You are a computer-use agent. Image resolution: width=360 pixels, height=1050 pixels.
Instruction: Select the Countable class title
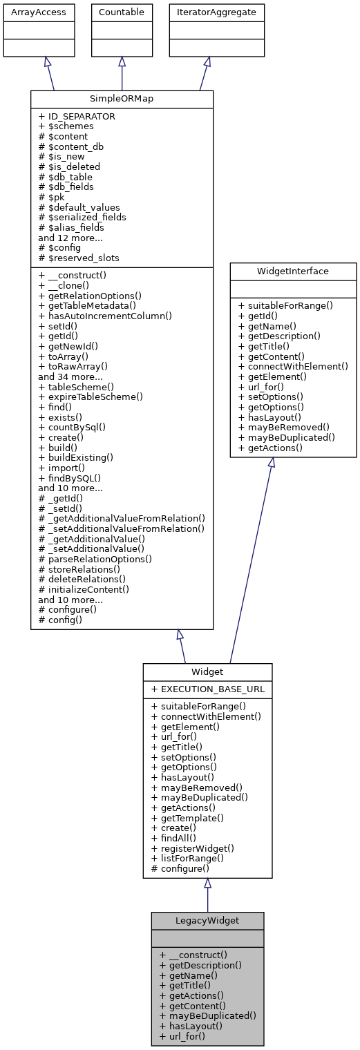tap(122, 12)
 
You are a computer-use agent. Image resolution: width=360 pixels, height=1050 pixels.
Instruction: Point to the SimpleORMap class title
tap(122, 99)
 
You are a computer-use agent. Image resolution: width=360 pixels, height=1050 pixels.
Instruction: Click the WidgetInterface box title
tap(293, 271)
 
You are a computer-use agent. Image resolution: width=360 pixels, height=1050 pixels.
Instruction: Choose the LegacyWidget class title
tap(207, 921)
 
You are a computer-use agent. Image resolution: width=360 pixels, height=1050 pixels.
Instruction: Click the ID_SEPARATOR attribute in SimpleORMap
tap(77, 117)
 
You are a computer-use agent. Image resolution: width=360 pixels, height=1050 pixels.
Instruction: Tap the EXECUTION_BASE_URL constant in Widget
tap(207, 689)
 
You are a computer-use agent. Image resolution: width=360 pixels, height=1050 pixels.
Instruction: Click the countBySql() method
tap(72, 427)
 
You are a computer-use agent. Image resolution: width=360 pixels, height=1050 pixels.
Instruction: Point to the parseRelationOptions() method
tap(95, 559)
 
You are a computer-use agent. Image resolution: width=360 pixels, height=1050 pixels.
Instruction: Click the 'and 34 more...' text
tap(70, 376)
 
